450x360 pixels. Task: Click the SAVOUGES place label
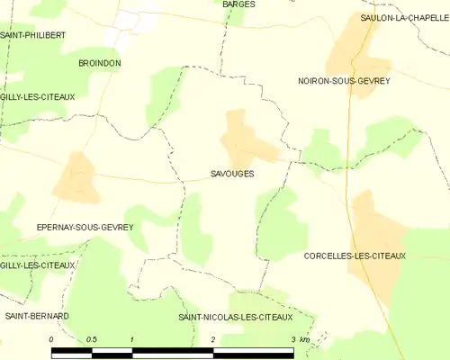[231, 174]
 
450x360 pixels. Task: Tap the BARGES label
[238, 4]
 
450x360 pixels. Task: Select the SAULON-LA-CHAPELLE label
[404, 17]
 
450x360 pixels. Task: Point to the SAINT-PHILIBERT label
[32, 34]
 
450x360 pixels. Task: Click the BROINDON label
[100, 63]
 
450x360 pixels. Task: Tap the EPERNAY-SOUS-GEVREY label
[85, 228]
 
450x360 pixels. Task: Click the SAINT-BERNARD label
[37, 316]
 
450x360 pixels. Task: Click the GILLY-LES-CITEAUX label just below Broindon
[38, 96]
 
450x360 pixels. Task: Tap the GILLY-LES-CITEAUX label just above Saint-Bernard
[38, 265]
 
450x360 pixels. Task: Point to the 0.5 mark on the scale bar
[92, 339]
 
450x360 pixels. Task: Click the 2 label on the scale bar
[212, 339]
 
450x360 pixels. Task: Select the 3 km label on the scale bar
[300, 339]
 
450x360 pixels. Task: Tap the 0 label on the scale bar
[52, 339]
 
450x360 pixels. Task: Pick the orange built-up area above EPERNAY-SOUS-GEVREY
[76, 177]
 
